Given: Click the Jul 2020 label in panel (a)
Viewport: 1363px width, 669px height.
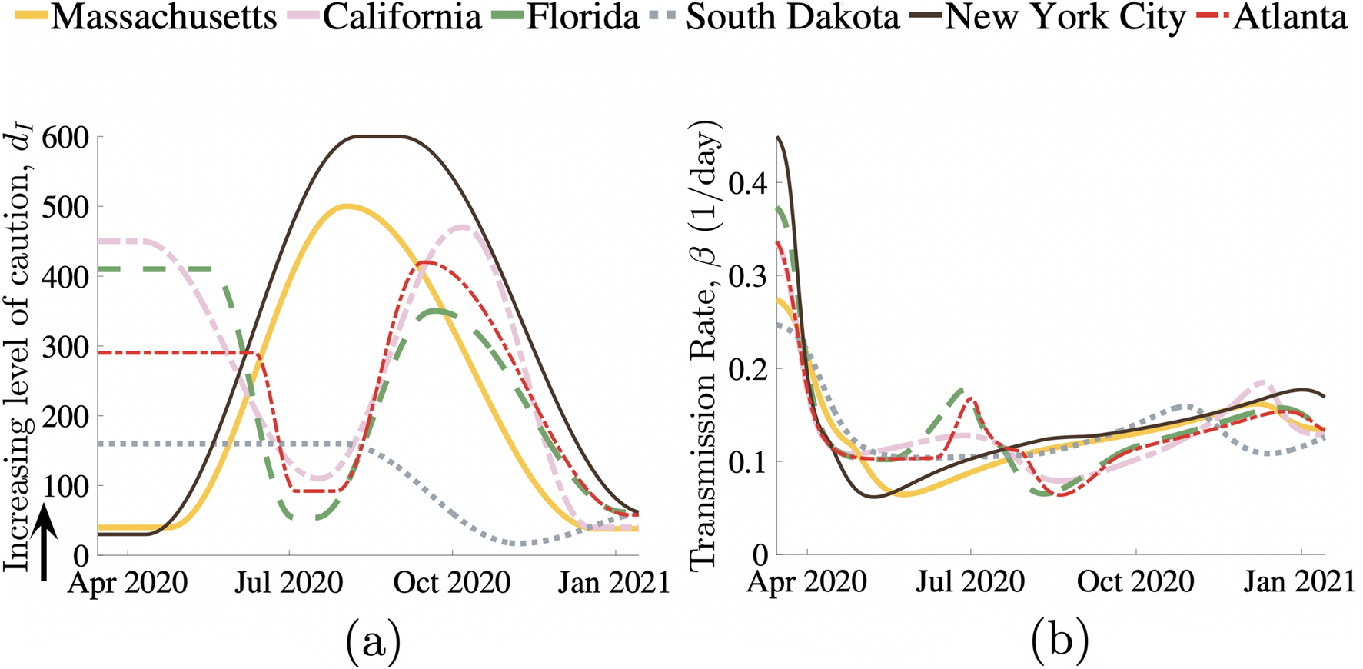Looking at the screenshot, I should point(289,582).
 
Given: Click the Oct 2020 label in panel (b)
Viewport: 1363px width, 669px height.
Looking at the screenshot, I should point(1135,581).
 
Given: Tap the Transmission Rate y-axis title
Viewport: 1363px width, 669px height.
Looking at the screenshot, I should point(703,346).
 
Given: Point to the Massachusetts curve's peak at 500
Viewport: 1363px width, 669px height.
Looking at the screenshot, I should point(347,206).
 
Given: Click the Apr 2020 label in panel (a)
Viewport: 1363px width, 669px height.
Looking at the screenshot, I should point(128,582).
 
